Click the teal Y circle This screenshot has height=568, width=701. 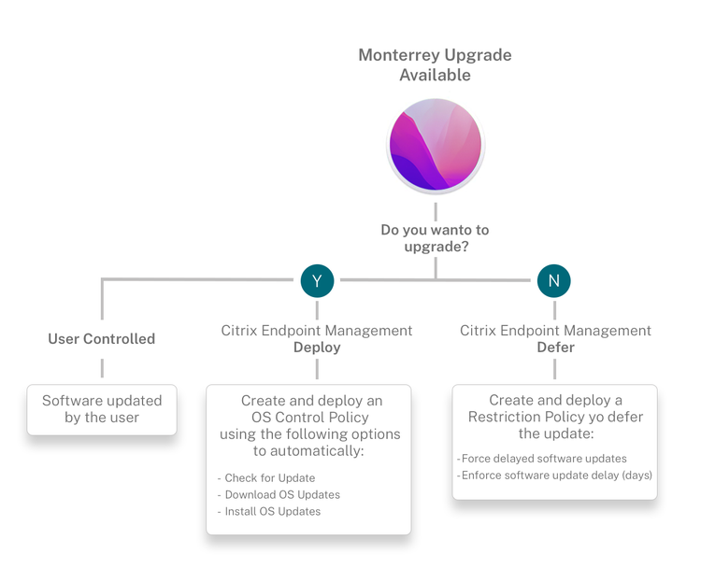(x=317, y=280)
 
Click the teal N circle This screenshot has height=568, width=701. (x=554, y=280)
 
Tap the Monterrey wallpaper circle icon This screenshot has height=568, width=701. (x=436, y=145)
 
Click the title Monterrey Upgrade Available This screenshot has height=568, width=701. (x=435, y=64)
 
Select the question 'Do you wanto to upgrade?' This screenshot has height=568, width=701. (x=435, y=238)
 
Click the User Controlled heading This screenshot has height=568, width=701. (x=102, y=339)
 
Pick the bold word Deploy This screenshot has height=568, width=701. (x=317, y=348)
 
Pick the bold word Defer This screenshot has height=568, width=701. (x=556, y=348)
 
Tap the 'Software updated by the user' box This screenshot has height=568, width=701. (x=102, y=410)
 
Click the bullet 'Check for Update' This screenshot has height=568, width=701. (x=266, y=478)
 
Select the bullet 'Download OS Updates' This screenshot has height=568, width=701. (x=279, y=495)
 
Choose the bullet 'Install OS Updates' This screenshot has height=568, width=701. (x=268, y=511)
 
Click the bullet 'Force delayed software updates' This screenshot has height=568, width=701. (x=541, y=459)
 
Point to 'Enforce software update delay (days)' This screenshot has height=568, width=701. (x=554, y=476)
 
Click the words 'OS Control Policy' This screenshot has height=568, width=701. (x=309, y=418)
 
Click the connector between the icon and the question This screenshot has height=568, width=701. (x=436, y=211)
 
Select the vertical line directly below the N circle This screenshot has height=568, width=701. (x=554, y=310)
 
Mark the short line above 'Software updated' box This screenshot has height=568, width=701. (x=102, y=368)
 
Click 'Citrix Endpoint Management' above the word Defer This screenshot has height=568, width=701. (x=555, y=331)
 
